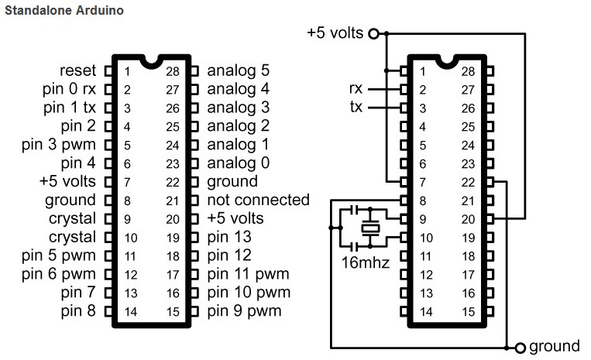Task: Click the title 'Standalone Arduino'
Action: [64, 12]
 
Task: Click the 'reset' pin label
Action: [78, 70]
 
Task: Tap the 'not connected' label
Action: [258, 200]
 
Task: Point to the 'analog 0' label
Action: [239, 163]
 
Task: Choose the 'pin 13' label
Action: [230, 237]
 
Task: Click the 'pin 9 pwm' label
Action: [244, 311]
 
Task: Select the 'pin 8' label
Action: [78, 311]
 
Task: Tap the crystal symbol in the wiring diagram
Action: [372, 228]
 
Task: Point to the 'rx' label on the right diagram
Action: [356, 89]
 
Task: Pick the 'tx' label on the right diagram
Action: [356, 108]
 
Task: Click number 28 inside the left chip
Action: [174, 71]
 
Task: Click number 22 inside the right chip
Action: [467, 183]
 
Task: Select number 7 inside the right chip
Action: [422, 183]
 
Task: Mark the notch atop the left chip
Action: [151, 60]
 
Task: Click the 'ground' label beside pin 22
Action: [232, 181]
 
